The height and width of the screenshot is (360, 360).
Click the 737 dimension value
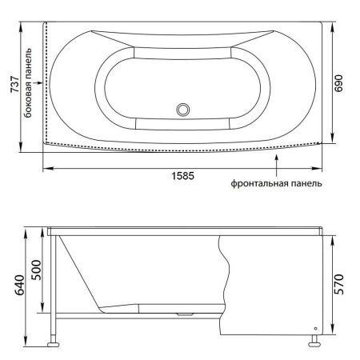(x=15, y=85)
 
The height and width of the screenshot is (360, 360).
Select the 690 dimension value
(x=338, y=83)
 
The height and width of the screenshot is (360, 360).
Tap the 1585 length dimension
(x=182, y=176)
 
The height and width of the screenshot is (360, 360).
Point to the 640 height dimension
(x=19, y=286)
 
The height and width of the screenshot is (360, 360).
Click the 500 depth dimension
(x=37, y=270)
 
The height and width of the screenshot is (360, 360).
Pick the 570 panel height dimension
(x=339, y=284)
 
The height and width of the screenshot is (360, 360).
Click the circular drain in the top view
(x=183, y=110)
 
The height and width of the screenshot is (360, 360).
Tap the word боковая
(x=28, y=102)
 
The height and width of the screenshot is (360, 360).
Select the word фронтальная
(x=259, y=183)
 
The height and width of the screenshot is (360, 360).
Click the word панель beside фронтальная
(x=306, y=183)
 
